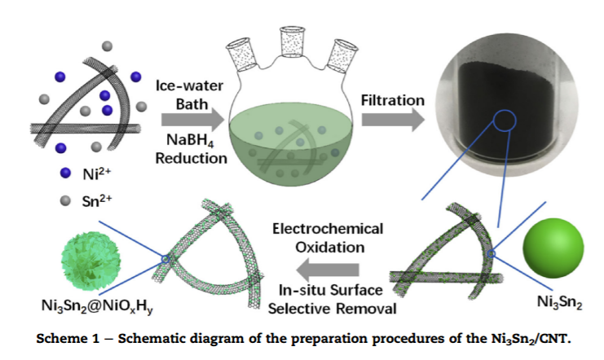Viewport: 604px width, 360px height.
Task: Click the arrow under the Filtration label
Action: click(x=393, y=119)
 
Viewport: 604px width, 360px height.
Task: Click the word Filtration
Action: click(x=393, y=100)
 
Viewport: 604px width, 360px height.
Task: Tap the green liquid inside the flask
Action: click(x=292, y=151)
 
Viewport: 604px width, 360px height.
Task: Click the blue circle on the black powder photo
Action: click(x=503, y=120)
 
